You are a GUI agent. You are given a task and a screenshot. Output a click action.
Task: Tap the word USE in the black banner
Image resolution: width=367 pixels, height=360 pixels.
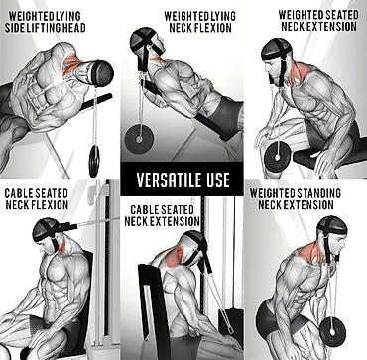pos(216,180)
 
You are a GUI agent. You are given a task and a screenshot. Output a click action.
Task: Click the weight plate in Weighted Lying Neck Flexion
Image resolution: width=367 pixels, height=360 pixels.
pos(139,139)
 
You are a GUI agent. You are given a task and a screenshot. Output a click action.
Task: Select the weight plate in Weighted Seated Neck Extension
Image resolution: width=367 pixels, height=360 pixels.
pos(278,157)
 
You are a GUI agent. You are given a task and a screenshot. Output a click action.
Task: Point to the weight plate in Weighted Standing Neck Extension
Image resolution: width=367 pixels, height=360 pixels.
pos(332,331)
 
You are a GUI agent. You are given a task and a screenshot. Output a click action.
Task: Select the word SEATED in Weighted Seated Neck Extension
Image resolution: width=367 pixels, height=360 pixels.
pos(341,15)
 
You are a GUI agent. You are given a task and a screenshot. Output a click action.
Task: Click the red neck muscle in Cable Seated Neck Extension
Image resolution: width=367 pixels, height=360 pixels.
pos(175,257)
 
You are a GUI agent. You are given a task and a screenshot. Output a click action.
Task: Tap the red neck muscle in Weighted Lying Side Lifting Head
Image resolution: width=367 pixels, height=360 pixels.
pos(72,62)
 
